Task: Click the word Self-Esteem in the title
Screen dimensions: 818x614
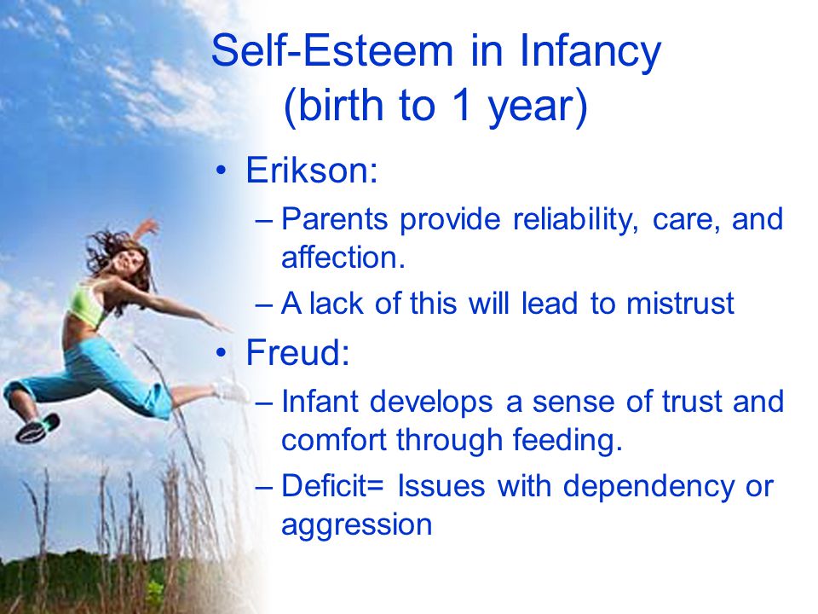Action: pos(332,50)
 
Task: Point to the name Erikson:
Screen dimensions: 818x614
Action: pos(312,171)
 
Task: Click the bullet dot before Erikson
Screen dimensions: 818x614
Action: pos(222,171)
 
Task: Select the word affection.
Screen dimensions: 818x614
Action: pos(343,258)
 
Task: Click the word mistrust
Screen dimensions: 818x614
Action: pos(680,304)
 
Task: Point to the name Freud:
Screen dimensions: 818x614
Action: pos(297,352)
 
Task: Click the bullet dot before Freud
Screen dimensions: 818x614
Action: pos(222,353)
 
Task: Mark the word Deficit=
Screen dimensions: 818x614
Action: pos(333,485)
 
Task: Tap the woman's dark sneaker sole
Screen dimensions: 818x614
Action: pos(37,427)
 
